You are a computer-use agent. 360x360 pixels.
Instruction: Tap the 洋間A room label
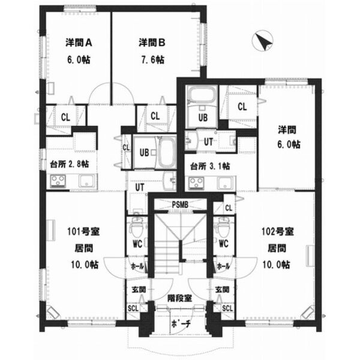tap(79, 43)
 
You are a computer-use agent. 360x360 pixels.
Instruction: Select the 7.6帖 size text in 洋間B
tap(152, 60)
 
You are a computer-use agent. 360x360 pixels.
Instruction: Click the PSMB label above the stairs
tap(180, 204)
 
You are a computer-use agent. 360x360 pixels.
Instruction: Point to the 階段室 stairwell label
tap(179, 298)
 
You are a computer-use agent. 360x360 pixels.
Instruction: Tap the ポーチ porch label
tap(181, 324)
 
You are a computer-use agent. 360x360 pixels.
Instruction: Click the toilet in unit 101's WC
tap(136, 227)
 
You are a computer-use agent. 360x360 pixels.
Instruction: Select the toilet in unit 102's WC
tap(223, 227)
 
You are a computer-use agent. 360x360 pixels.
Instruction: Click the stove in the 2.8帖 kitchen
tap(58, 181)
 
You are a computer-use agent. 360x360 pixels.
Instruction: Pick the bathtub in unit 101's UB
tap(166, 152)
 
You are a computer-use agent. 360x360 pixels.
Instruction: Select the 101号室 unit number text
tap(83, 232)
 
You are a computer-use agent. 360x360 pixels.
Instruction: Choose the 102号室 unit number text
tap(278, 232)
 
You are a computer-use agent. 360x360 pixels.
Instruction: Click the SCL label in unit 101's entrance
tap(133, 308)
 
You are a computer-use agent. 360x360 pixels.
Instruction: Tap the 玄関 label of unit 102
tap(222, 290)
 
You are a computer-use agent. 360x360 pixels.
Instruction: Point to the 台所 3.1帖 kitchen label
tap(210, 166)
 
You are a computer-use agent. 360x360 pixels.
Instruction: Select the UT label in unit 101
tap(140, 187)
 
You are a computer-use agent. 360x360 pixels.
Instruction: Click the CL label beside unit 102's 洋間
tap(242, 107)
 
